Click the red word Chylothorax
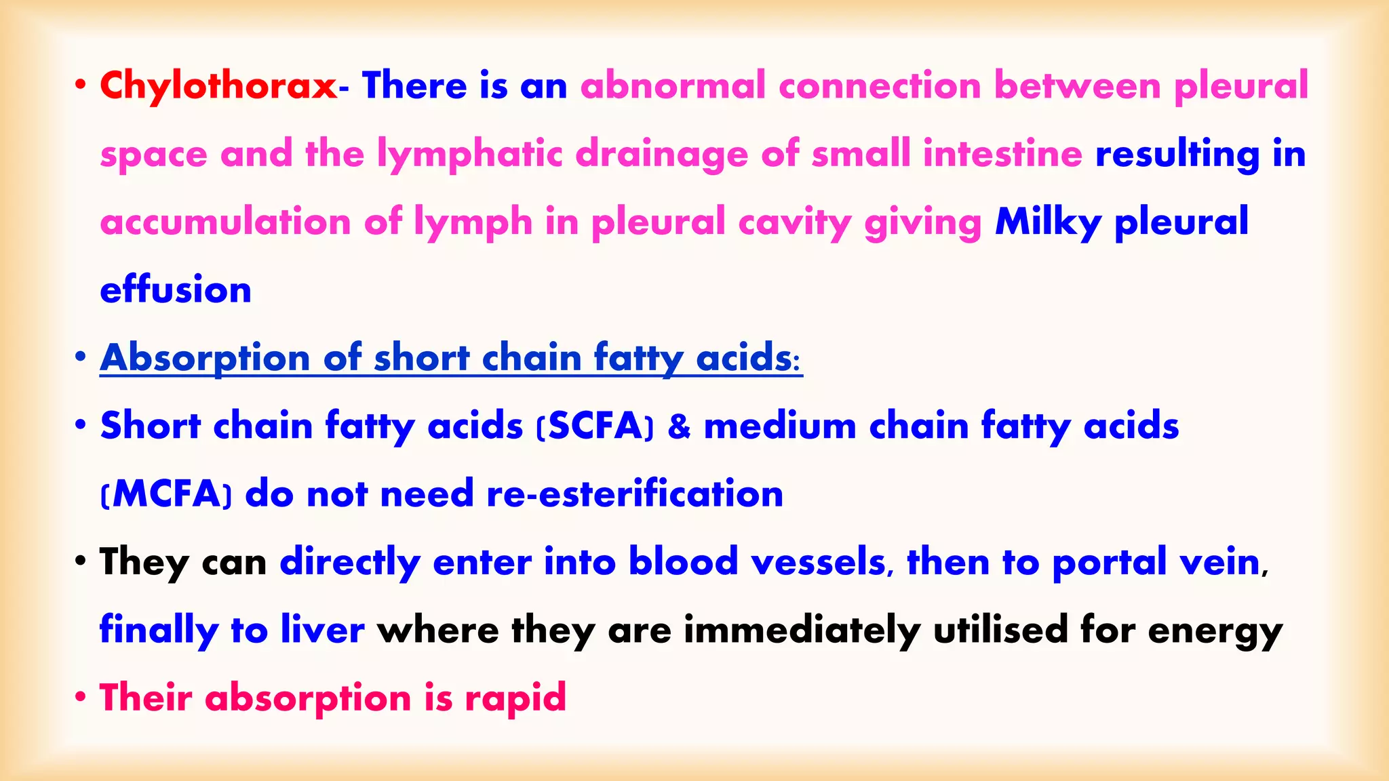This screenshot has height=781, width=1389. tap(218, 86)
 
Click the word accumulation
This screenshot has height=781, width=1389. tap(225, 222)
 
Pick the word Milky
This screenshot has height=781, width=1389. tap(1048, 222)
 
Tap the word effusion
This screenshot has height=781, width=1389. tap(176, 290)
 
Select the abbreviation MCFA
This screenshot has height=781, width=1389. tap(166, 494)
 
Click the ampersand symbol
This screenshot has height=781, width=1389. tap(679, 426)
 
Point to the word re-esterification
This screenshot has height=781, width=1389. tap(635, 494)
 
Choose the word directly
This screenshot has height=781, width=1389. tap(350, 562)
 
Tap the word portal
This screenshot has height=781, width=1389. tap(1109, 562)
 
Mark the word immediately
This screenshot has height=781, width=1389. tap(802, 630)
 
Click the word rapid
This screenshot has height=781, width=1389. tap(515, 698)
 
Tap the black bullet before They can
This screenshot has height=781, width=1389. tap(81, 561)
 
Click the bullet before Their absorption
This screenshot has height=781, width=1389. tap(81, 697)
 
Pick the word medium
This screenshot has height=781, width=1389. tap(780, 426)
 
